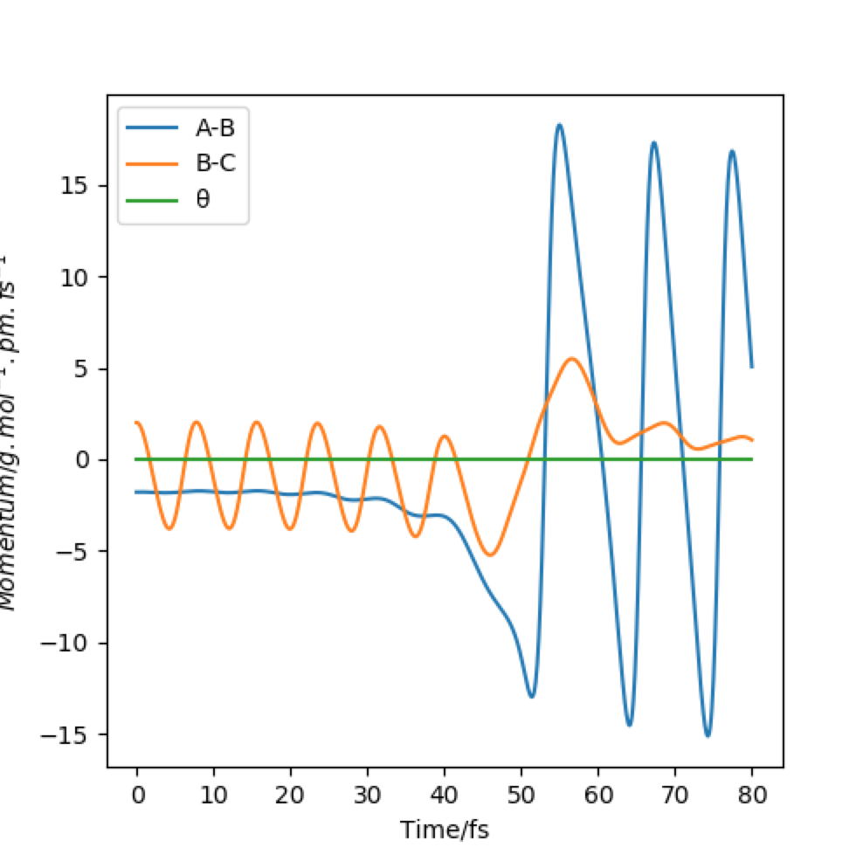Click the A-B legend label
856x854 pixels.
tap(215, 128)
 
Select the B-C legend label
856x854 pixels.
tap(215, 163)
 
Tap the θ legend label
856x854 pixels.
tap(202, 199)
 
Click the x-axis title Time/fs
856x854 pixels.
tap(444, 830)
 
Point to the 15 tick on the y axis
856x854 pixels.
tap(84, 186)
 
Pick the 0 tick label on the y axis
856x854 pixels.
tap(89, 460)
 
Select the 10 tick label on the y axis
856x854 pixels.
tap(84, 278)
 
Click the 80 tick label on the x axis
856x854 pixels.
tap(751, 793)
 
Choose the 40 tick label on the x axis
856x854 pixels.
tap(445, 793)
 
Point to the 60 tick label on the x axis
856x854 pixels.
tap(598, 793)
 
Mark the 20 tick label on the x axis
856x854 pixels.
tap(291, 793)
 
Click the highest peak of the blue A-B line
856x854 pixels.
tap(559, 125)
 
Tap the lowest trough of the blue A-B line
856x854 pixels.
tap(708, 736)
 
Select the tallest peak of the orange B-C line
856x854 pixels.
tap(572, 358)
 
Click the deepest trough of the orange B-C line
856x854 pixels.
tap(490, 555)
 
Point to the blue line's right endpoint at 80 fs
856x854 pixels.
tap(751, 367)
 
